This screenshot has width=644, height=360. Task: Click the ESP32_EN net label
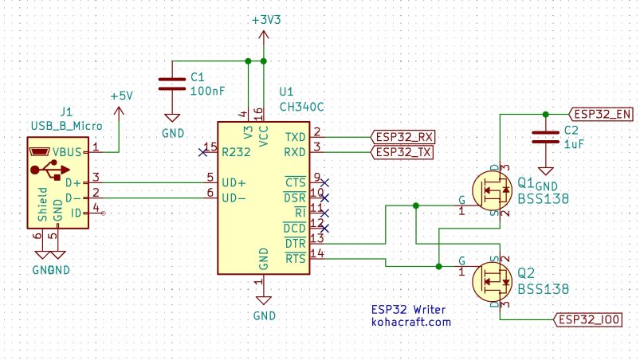click(x=603, y=113)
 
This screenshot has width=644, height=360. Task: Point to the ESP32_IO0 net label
click(x=590, y=319)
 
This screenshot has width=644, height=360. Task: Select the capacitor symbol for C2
click(x=546, y=136)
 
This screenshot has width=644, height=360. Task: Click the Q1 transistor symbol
click(x=490, y=192)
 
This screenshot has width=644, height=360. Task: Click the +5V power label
click(x=122, y=96)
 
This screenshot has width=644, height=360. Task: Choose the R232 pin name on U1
click(x=238, y=151)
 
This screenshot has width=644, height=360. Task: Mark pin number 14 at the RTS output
click(x=317, y=253)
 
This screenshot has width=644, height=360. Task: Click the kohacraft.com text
click(x=411, y=323)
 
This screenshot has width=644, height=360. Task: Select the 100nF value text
click(x=207, y=92)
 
